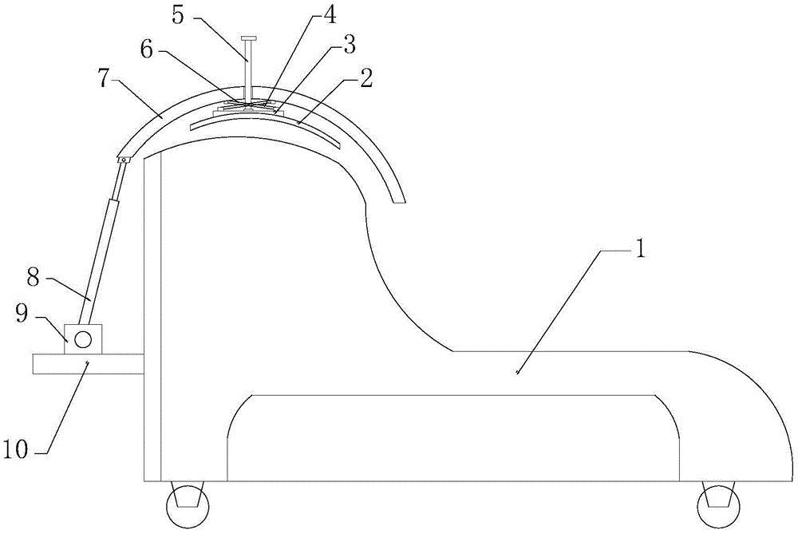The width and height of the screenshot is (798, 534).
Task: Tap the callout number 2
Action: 366,77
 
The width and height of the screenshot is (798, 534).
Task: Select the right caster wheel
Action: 717,504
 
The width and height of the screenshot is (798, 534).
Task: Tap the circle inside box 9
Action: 82,339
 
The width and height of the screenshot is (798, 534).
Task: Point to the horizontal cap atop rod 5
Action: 250,38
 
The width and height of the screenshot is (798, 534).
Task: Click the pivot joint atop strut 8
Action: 124,161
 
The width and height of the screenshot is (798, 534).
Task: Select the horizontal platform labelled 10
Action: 88,364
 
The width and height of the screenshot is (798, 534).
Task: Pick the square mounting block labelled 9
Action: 82,338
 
